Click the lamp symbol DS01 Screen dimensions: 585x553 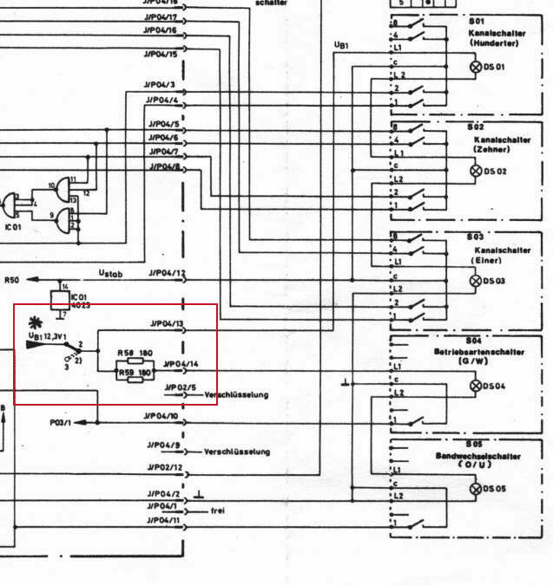[x=475, y=67]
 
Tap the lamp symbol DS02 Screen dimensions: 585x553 [x=475, y=171]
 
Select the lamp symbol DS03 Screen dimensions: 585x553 [x=475, y=282]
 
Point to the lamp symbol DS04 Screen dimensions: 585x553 [x=475, y=385]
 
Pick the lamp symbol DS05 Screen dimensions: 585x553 [x=475, y=489]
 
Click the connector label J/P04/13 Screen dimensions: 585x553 [x=166, y=324]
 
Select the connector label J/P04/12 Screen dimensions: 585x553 [x=166, y=274]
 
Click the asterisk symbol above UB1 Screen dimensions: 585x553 [x=36, y=323]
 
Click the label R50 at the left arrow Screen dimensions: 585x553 [x=11, y=280]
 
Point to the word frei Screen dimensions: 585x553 [x=218, y=511]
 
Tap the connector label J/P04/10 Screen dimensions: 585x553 [x=162, y=417]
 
